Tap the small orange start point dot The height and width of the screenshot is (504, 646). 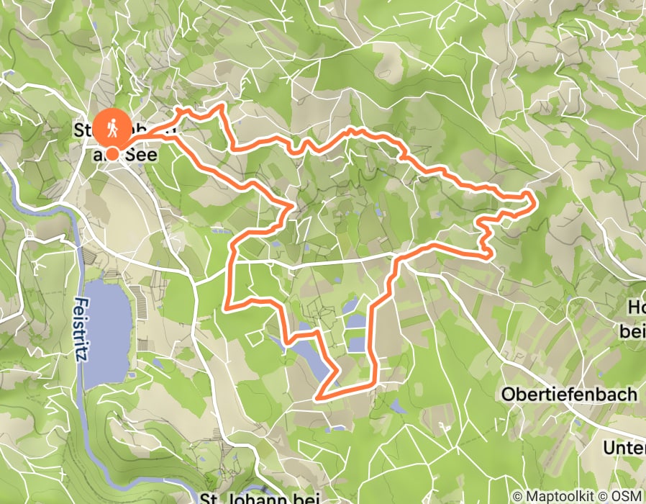click(113, 153)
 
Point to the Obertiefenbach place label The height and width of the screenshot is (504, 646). click(569, 395)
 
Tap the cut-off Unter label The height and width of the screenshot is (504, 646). click(624, 448)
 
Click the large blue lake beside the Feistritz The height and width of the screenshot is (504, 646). click(108, 331)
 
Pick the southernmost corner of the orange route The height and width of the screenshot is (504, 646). click(317, 397)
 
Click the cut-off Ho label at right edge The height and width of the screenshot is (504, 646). click(636, 308)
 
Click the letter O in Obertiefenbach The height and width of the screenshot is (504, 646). click(508, 395)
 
